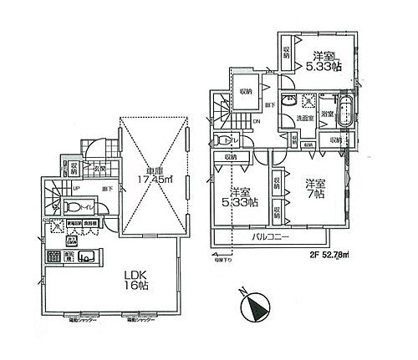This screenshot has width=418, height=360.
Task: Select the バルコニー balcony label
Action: pos(268,237)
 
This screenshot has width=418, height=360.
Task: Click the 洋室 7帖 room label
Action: pos(315,188)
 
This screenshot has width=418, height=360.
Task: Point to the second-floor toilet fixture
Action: pos(219,140)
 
